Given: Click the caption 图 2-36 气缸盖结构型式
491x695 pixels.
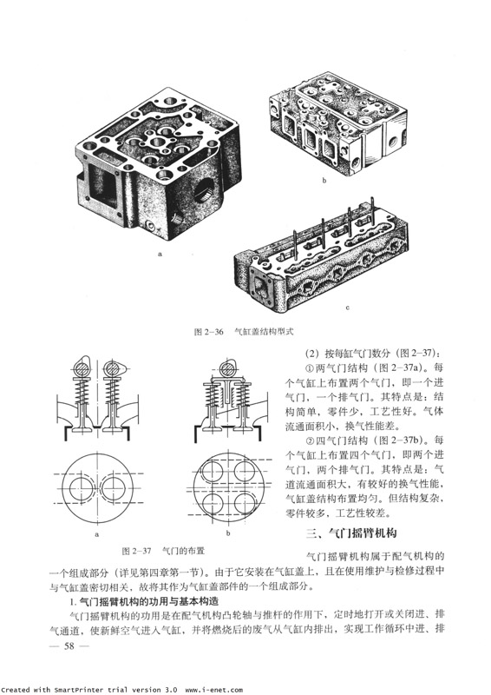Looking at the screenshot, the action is [x=244, y=332].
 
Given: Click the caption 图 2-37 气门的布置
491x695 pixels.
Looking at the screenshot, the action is [x=163, y=551].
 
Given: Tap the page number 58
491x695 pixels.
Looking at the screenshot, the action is [x=69, y=645].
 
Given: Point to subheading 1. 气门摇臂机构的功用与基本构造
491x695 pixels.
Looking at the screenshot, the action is [x=145, y=601].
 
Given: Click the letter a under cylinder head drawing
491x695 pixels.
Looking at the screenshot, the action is [x=160, y=254].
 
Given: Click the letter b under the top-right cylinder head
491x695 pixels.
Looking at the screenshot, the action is [x=324, y=181].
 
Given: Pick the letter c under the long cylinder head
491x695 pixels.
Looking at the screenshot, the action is [x=348, y=308].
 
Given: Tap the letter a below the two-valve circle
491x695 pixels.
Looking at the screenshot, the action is [x=97, y=534].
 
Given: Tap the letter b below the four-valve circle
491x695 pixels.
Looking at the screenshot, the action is [x=228, y=533].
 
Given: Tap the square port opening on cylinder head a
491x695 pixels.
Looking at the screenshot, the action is [x=104, y=184].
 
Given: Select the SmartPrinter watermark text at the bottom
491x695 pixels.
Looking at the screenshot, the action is [x=121, y=690].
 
